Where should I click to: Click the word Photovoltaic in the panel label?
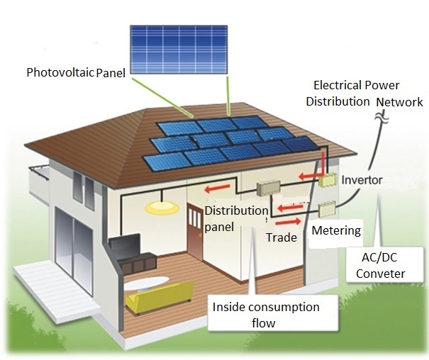tap(60, 72)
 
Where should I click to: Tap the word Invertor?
tap(362, 180)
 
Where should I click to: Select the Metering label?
tap(336, 231)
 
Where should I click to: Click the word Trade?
tap(282, 237)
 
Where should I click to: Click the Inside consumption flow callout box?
tap(273, 313)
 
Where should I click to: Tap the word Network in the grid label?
tap(399, 102)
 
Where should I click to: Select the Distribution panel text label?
tap(236, 219)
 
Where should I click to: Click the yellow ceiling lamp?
tap(162, 208)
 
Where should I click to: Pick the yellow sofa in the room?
tap(160, 298)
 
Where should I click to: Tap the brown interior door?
tap(195, 231)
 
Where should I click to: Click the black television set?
tap(125, 244)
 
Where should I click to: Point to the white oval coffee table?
tap(146, 283)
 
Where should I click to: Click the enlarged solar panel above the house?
tap(179, 50)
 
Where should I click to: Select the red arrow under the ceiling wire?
tap(218, 189)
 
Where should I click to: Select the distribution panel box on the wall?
tap(269, 188)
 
